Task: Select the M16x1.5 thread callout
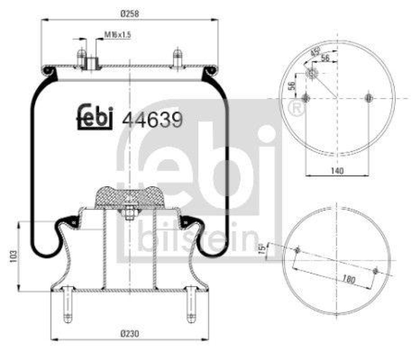117,35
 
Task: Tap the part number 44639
152,120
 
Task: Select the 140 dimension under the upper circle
337,170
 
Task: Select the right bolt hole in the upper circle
369,98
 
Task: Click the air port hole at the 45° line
313,74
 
